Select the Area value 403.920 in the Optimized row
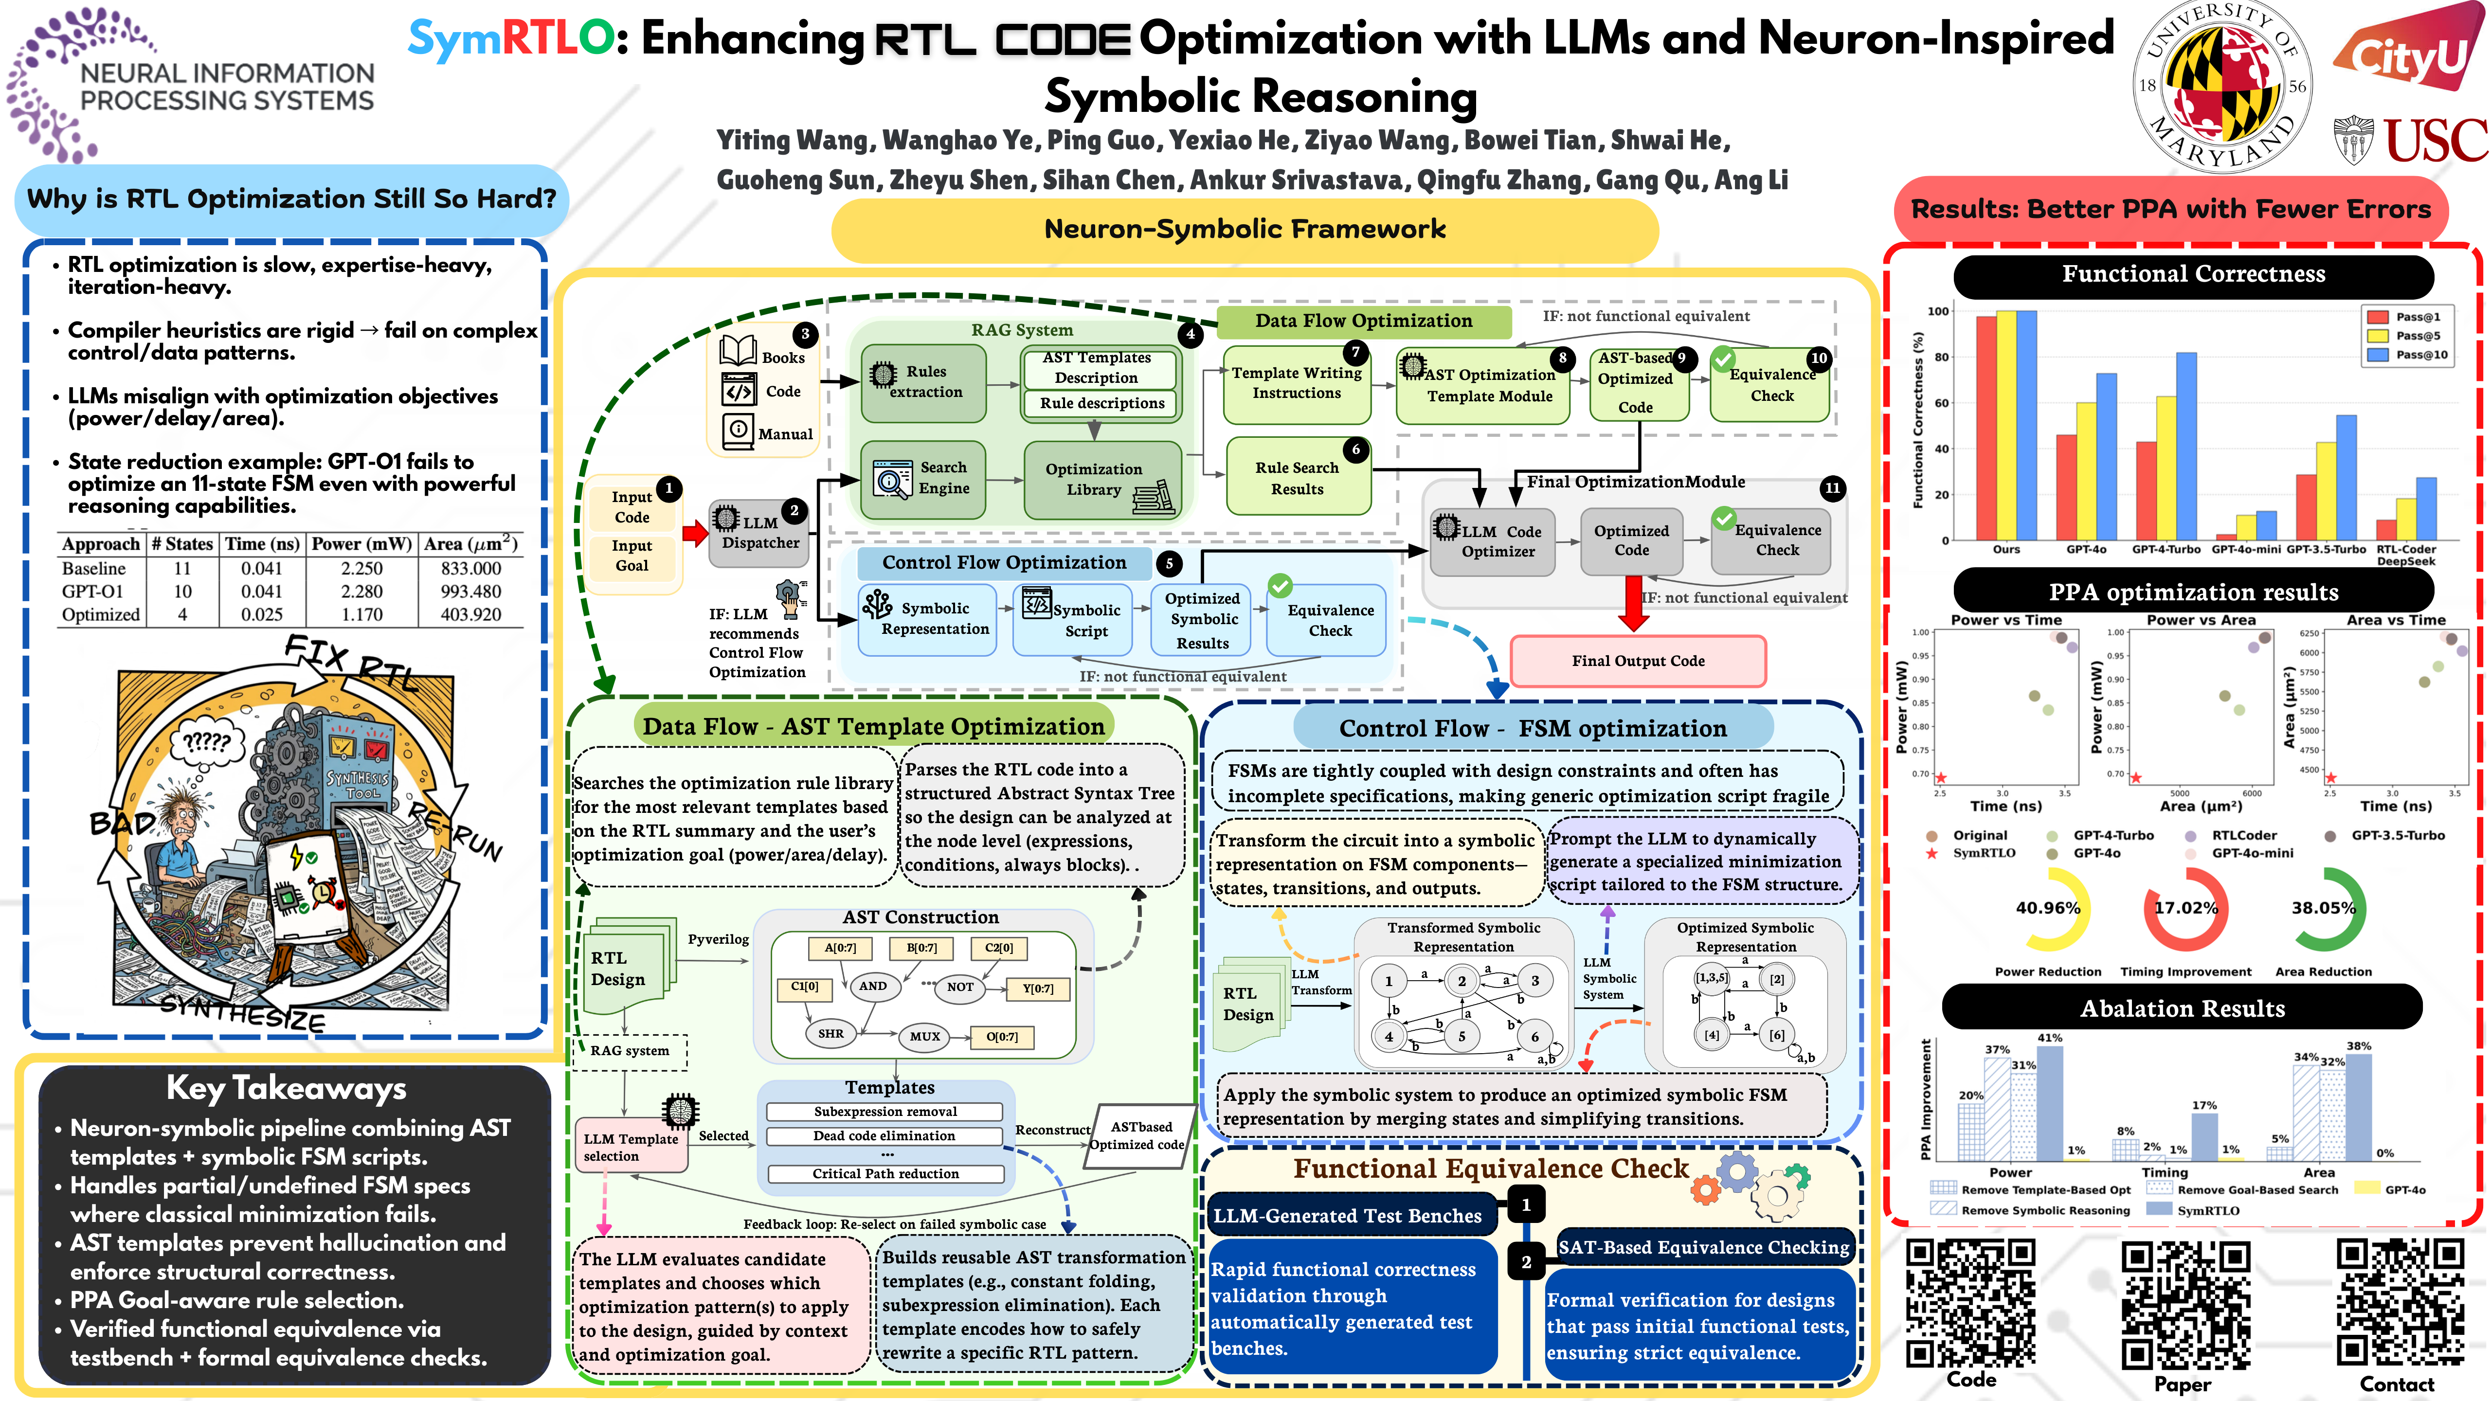pos(471,615)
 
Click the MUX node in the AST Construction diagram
pos(924,1037)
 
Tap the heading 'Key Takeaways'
pos(286,1089)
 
